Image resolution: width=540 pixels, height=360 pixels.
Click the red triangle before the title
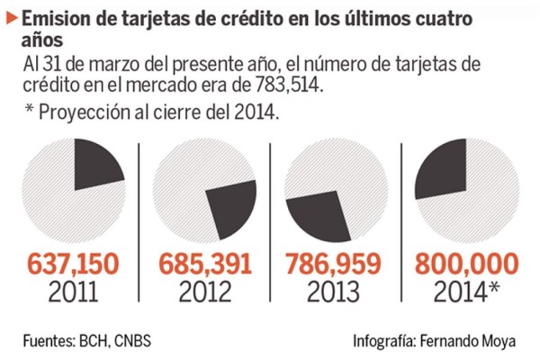12,16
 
